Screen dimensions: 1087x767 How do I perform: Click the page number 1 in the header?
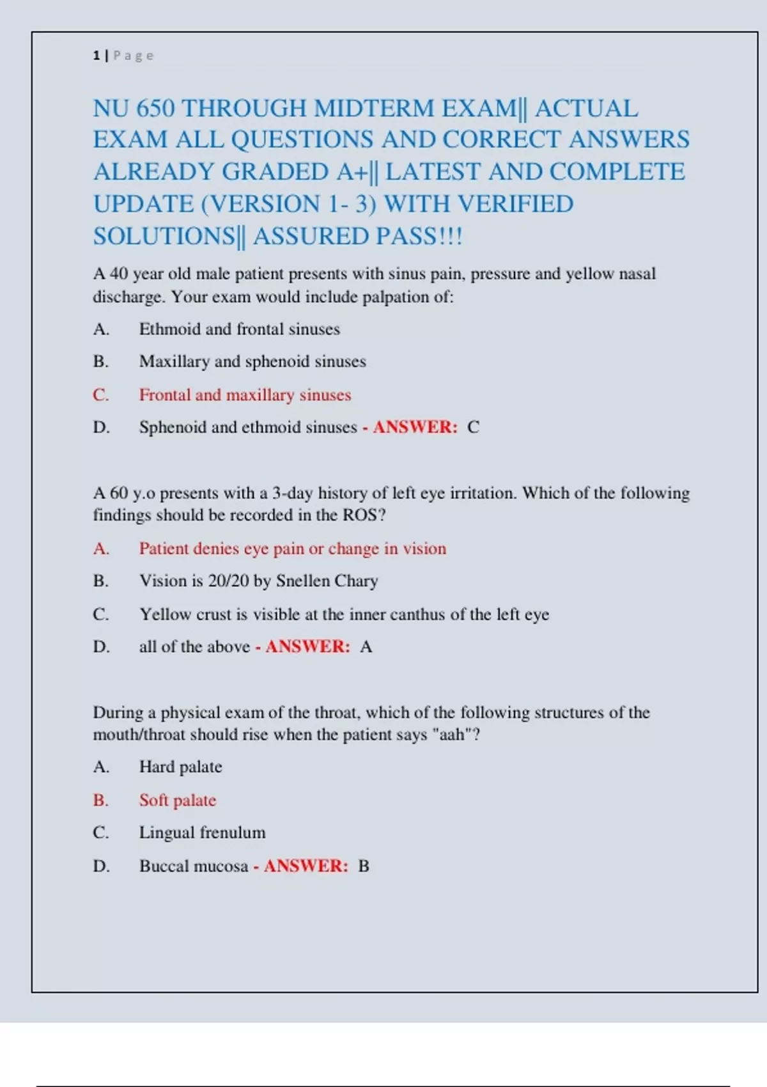point(96,56)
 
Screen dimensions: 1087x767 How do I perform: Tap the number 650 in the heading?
point(155,109)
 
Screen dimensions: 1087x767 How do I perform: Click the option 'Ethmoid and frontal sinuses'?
point(239,329)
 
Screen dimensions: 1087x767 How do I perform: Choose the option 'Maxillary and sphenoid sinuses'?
point(252,362)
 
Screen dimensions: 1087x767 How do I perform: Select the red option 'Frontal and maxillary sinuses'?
point(245,395)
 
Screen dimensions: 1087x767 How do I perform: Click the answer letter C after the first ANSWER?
point(473,427)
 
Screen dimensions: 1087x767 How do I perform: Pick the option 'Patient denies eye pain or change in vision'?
point(293,549)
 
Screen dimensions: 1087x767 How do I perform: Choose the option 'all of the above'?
point(194,647)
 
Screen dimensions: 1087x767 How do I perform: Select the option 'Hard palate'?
point(180,767)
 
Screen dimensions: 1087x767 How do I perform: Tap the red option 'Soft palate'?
point(178,801)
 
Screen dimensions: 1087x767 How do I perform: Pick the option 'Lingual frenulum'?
point(202,833)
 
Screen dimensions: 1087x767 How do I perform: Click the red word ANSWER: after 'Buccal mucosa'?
point(306,866)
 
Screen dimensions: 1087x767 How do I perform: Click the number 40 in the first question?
point(119,274)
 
